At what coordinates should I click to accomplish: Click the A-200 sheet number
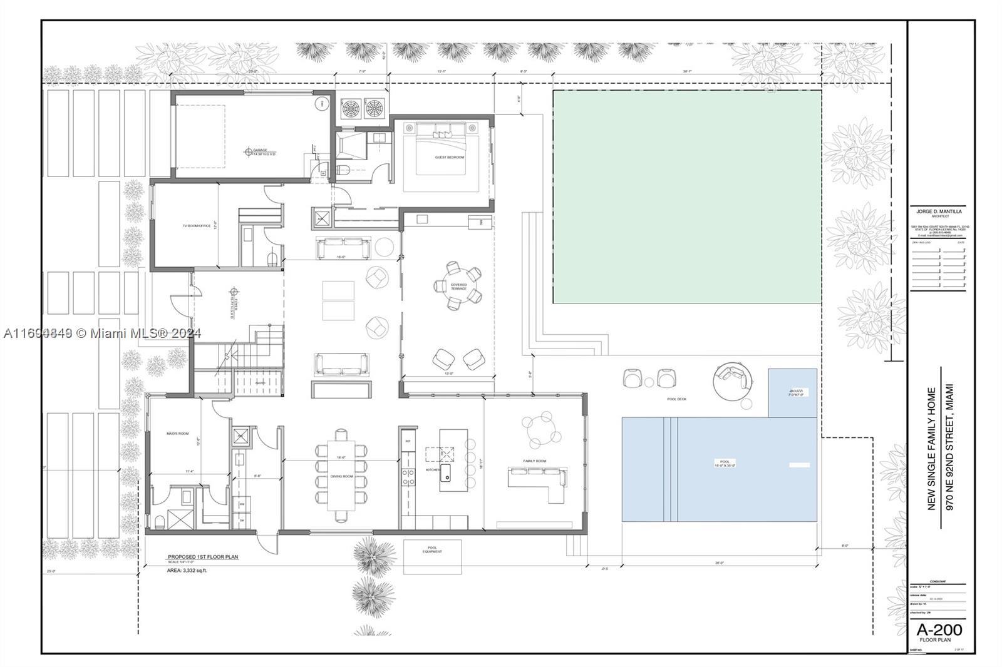[x=939, y=629]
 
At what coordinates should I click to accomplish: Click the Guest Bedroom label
[x=450, y=157]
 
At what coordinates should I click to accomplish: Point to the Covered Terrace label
[x=458, y=287]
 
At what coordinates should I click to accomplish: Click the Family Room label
[x=534, y=461]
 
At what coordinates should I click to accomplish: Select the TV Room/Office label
[x=197, y=225]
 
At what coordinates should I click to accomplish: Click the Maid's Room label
[x=177, y=433]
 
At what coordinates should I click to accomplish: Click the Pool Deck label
[x=676, y=399]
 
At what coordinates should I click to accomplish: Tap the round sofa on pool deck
[x=733, y=379]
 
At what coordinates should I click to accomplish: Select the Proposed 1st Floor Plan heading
[x=202, y=556]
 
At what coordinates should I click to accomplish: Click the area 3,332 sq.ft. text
[x=187, y=570]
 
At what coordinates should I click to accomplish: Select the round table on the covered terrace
[x=458, y=287]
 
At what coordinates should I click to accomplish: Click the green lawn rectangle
[x=687, y=197]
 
